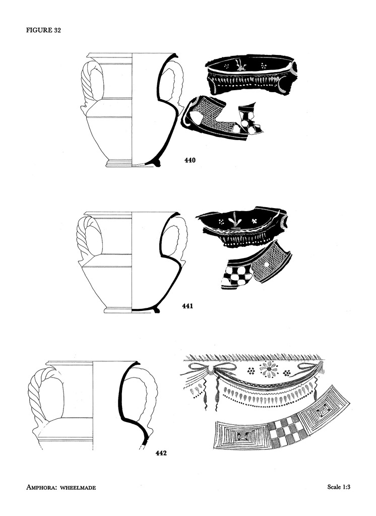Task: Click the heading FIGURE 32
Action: click(44, 30)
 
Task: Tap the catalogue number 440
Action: click(190, 161)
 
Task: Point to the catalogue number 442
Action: click(161, 453)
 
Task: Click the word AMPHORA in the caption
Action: click(44, 487)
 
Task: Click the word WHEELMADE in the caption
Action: click(80, 487)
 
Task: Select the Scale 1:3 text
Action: click(339, 487)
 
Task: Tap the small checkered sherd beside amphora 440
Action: click(250, 120)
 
